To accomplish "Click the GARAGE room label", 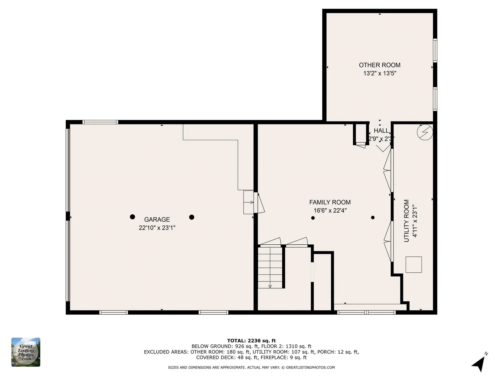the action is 157,219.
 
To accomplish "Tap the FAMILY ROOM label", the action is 330,202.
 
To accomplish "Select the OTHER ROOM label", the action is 380,65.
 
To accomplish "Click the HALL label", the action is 381,130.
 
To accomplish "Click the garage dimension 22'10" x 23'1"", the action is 157,228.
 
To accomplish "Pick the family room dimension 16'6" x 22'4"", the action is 330,211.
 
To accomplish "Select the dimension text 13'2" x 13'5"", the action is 380,73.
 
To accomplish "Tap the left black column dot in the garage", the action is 133,217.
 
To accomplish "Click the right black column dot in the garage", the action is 192,217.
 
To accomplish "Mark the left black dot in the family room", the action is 313,218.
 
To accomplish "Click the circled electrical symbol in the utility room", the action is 425,132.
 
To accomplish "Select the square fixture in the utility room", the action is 414,265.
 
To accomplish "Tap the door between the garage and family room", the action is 259,203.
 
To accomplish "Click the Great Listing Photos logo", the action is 26,352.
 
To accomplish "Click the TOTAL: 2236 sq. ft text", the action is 251,341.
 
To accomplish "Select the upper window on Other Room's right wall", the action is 435,50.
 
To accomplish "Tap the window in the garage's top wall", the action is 100,122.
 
